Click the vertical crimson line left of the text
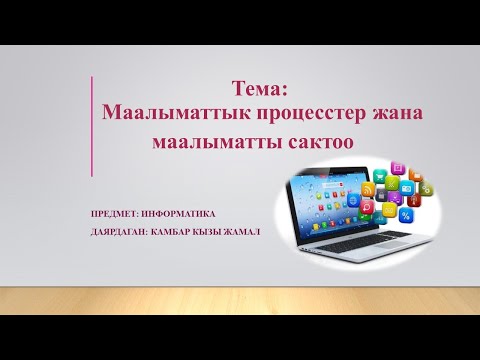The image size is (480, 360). tap(93, 130)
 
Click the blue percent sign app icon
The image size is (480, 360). tap(405, 216)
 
